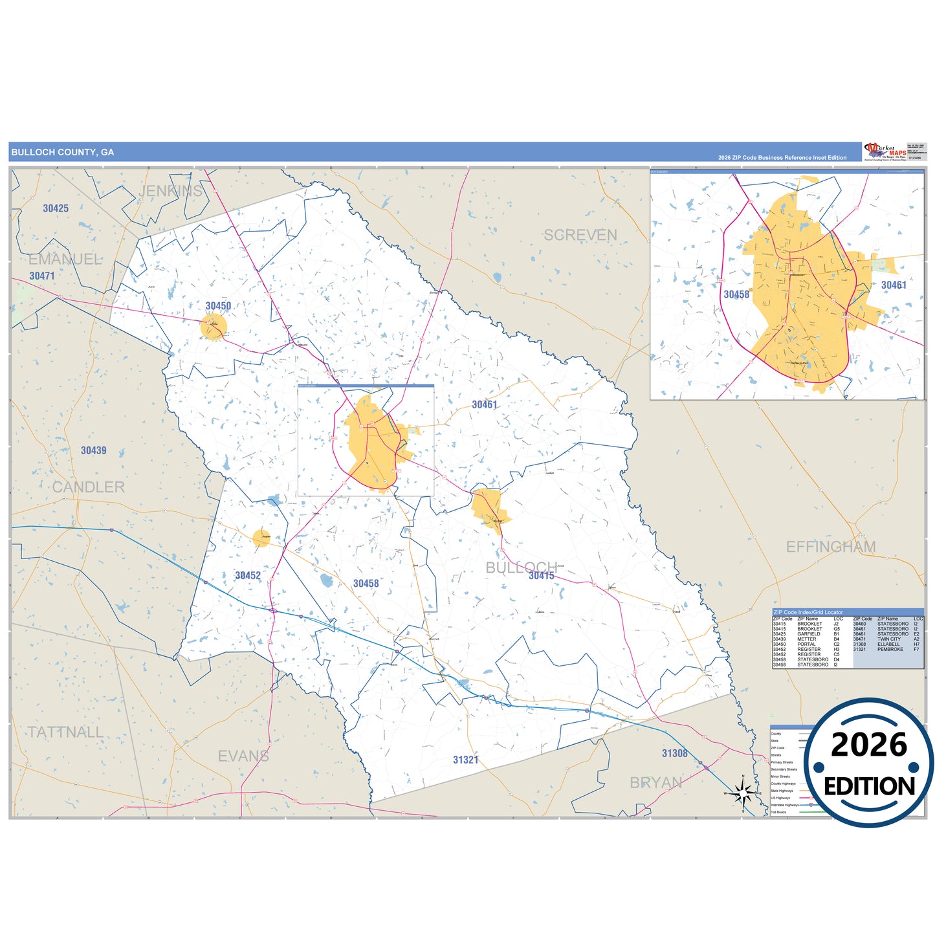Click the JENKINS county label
pos(170,191)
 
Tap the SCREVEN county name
pos(580,236)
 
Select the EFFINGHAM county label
pos(830,547)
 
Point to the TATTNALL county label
pos(65,732)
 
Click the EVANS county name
pos(243,756)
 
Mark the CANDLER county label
pos(88,487)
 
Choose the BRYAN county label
pos(655,783)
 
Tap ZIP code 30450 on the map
pos(218,306)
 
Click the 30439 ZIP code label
pos(93,450)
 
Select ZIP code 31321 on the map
pos(465,760)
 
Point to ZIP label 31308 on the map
pos(674,753)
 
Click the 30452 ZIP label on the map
pos(248,575)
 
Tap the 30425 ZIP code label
pos(56,208)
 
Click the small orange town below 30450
pos(213,327)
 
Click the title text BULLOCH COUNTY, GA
pos(63,152)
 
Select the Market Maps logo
pos(885,151)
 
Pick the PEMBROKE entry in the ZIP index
pos(890,649)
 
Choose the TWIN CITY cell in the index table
pos(888,639)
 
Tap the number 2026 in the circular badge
pos(868,745)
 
